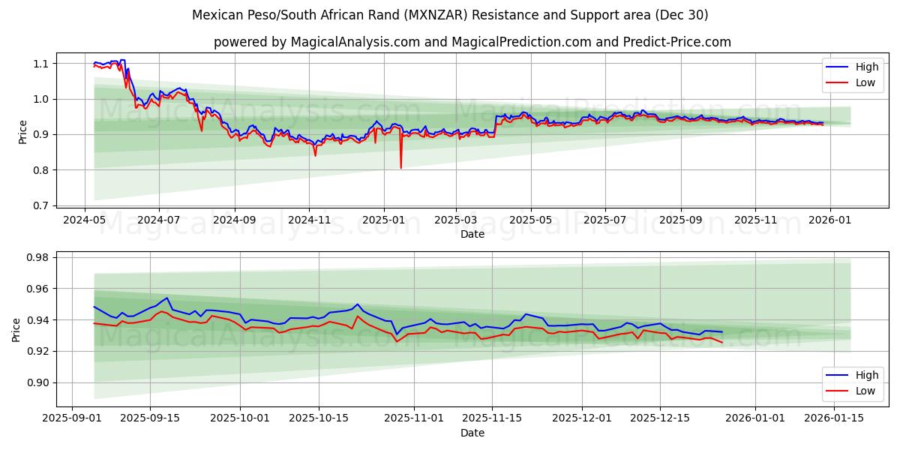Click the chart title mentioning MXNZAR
coord(450,15)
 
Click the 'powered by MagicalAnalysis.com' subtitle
coord(472,42)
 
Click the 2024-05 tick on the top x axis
coord(84,220)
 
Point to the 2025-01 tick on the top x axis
coord(384,220)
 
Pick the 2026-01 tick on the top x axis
coord(830,220)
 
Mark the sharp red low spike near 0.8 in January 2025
coord(400,166)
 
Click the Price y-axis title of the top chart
coord(23,132)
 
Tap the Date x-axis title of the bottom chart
coord(472,433)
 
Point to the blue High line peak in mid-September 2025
coord(167,298)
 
